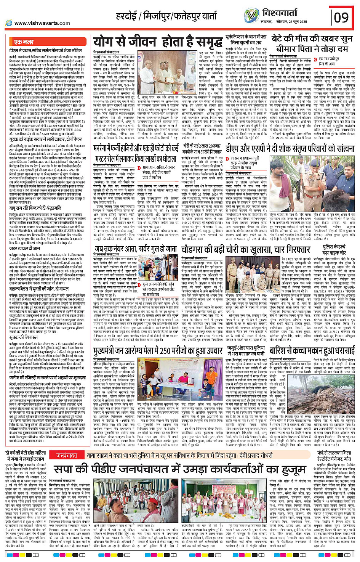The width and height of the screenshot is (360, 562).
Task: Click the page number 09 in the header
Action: (341, 17)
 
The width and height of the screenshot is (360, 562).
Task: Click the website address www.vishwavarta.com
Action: (42, 23)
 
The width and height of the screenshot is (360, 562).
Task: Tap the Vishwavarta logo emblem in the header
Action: (251, 16)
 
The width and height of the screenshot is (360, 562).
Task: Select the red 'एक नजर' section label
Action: (24, 42)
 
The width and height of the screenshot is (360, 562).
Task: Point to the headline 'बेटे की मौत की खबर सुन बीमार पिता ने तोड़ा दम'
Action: (312, 43)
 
